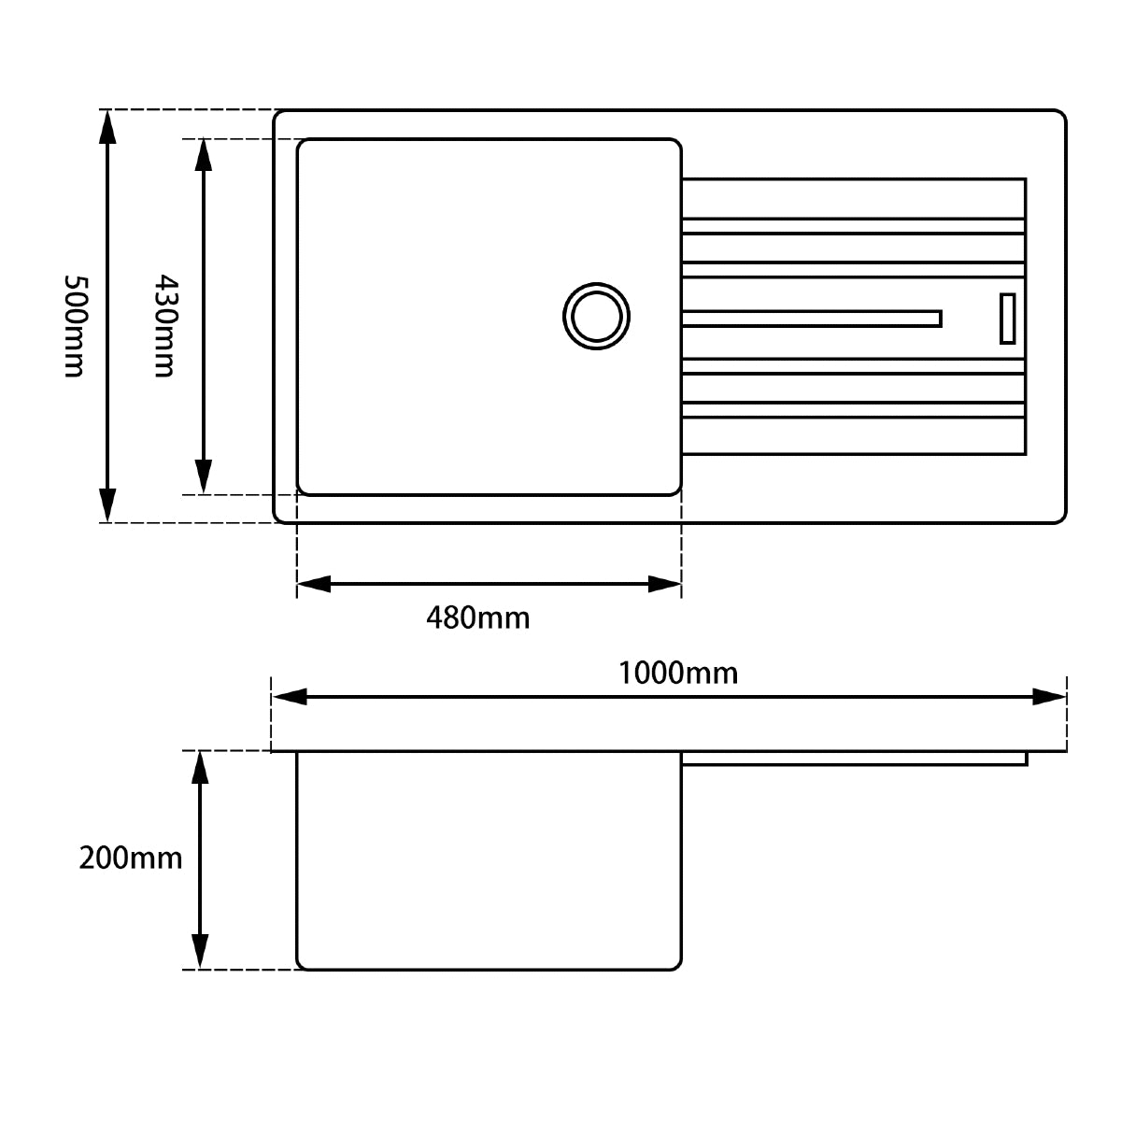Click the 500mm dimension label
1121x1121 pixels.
click(75, 326)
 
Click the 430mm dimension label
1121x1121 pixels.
click(165, 326)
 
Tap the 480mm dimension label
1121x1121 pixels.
click(477, 617)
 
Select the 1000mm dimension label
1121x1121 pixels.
click(677, 673)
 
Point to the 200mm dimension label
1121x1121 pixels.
click(130, 858)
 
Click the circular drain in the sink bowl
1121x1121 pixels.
click(596, 316)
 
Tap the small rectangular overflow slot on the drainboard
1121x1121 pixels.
click(1008, 319)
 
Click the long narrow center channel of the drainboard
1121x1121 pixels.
click(812, 319)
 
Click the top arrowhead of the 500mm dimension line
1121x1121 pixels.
click(107, 127)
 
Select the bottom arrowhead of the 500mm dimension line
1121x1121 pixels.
click(107, 505)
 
